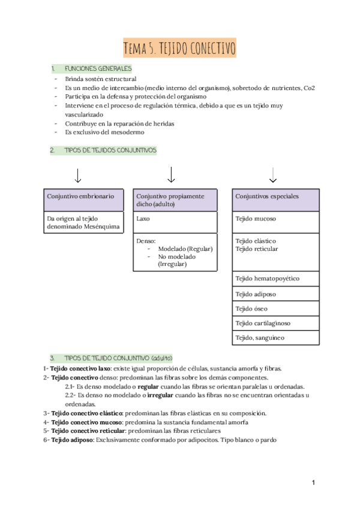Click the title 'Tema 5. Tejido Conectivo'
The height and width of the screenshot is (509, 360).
tap(179, 47)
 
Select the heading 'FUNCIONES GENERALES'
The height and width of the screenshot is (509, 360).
tap(98, 68)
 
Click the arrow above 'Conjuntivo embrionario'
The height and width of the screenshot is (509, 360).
tap(77, 175)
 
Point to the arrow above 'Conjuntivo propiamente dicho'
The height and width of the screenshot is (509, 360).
tap(171, 175)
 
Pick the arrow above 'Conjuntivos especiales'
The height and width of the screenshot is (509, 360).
tap(273, 175)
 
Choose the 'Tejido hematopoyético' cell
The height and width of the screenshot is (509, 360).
tap(275, 279)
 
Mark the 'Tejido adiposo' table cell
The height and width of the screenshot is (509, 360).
tap(275, 294)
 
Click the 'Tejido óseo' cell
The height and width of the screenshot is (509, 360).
tap(275, 309)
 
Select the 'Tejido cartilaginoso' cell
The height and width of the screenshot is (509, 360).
tap(275, 324)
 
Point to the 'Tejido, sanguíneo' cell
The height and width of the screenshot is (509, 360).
tap(275, 338)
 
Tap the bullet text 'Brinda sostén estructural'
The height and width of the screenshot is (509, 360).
tap(100, 79)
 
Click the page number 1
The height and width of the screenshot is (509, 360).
tap(313, 483)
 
